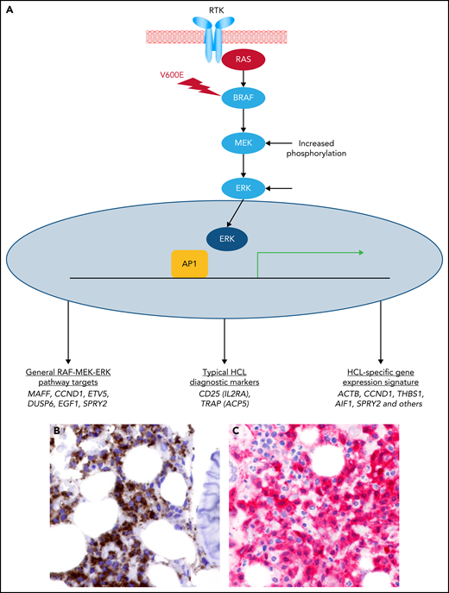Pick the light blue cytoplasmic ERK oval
(x=224, y=186)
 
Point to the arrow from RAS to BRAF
(x=224, y=80)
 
